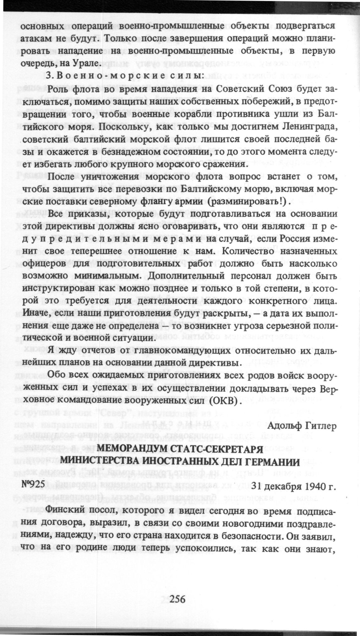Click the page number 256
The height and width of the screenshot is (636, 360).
(178, 599)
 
